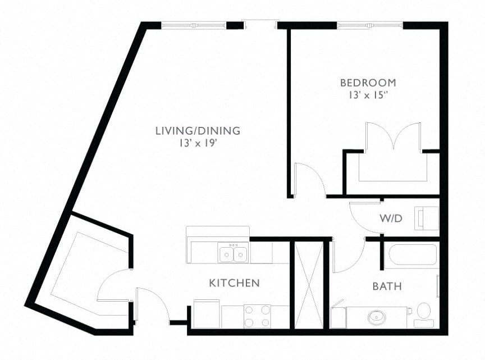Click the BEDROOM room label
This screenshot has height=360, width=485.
tap(368, 83)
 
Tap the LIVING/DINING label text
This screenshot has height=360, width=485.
tap(198, 131)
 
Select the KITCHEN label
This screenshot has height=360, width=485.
tap(234, 283)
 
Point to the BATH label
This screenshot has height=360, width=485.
tap(387, 286)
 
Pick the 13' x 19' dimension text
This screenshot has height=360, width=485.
tap(196, 143)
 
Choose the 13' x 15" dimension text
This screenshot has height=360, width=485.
tap(368, 95)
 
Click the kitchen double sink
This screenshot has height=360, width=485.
tap(232, 253)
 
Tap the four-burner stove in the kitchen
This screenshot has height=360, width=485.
tap(257, 316)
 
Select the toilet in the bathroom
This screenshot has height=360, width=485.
tap(423, 314)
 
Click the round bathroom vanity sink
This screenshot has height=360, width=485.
tap(376, 317)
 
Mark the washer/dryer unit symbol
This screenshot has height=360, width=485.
tap(427, 218)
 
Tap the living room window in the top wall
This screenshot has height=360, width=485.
tap(194, 26)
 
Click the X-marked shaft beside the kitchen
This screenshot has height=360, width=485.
tap(309, 285)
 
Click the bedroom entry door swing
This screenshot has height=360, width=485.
tap(309, 180)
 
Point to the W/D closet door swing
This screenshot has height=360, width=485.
tap(365, 217)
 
